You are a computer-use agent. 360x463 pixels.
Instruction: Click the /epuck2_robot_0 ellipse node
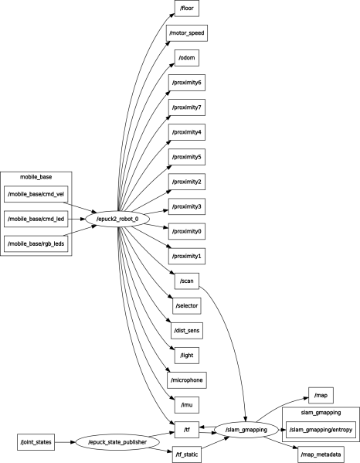coord(117,219)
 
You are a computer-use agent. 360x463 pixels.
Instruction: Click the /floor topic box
coord(186,9)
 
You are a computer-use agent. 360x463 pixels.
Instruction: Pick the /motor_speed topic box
coord(186,34)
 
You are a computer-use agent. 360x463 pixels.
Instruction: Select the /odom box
coord(186,59)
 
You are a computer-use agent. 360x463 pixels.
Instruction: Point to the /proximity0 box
coord(186,231)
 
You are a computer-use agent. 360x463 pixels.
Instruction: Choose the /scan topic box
coord(186,281)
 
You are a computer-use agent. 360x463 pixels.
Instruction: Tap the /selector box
coord(186,305)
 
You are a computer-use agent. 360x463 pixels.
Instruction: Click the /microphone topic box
coord(186,380)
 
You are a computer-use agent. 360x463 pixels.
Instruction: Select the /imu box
coord(186,404)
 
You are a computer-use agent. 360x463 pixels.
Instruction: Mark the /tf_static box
coord(186,454)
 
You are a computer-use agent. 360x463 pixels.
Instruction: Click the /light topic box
coord(186,355)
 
